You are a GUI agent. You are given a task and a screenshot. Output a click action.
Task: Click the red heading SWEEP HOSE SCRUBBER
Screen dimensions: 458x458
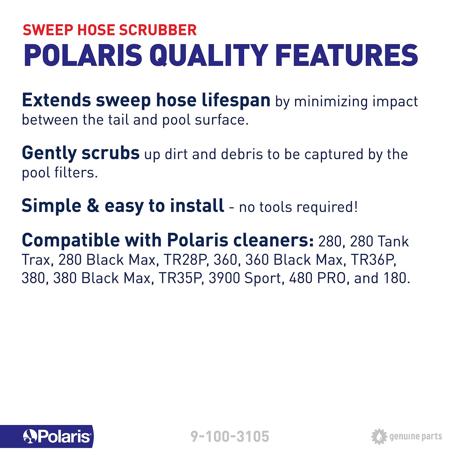click(x=110, y=30)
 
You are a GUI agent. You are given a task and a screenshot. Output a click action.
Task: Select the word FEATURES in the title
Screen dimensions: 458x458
click(x=347, y=55)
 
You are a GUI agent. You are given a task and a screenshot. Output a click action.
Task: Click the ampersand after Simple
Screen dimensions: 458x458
click(x=93, y=206)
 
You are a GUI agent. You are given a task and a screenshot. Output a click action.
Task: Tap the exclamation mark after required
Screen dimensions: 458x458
click(x=356, y=207)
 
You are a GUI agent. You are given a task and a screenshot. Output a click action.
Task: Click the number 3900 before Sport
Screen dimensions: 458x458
click(x=224, y=278)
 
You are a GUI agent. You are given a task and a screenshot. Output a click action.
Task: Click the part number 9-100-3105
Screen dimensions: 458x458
click(x=230, y=436)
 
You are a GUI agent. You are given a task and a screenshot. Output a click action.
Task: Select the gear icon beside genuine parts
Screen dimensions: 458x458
click(x=379, y=436)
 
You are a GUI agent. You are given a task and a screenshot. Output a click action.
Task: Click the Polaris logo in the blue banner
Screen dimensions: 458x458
click(x=57, y=436)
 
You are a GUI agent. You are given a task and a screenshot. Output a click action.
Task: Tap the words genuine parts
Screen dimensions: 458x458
click(x=416, y=436)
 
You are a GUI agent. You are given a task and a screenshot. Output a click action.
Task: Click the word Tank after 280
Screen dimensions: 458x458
click(x=393, y=242)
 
